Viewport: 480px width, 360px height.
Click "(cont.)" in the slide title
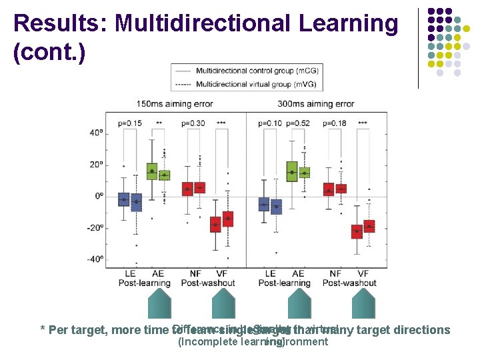[x=49, y=53]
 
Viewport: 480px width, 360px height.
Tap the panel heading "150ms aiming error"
[x=171, y=104]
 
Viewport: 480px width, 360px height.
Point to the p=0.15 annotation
[x=130, y=123]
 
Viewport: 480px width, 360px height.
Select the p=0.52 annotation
[x=298, y=123]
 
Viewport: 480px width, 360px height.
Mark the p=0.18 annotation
[x=334, y=123]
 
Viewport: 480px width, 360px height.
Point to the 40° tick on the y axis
[x=96, y=133]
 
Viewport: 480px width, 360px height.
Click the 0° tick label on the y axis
[x=99, y=196]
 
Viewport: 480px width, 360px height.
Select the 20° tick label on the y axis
[x=96, y=165]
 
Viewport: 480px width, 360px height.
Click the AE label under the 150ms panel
[x=157, y=273]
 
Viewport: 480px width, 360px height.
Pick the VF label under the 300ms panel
[x=363, y=273]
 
